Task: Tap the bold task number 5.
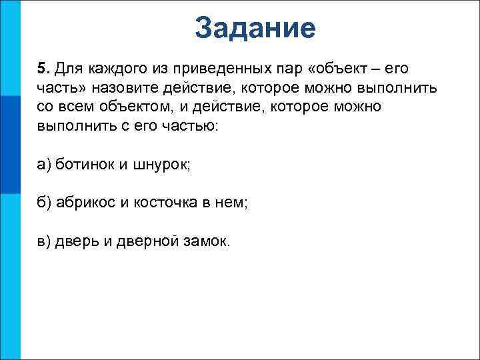pos(42,69)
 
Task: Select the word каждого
pos(110,69)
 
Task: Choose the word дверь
pos(77,241)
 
